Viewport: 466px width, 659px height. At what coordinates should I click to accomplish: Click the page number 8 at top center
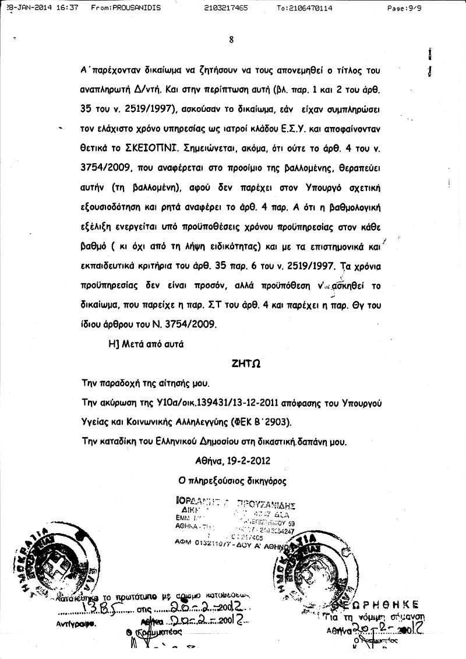click(232, 40)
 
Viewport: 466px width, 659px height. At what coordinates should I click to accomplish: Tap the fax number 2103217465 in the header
click(227, 8)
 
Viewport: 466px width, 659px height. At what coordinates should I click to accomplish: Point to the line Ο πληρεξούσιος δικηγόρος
click(233, 481)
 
